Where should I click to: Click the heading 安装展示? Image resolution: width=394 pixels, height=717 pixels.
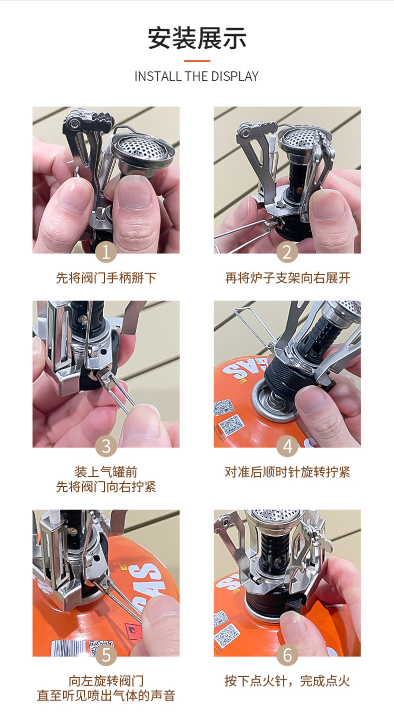(x=197, y=39)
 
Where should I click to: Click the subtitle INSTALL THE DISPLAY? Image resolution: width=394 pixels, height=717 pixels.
(x=197, y=76)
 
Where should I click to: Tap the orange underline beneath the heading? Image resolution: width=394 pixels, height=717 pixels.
(x=197, y=61)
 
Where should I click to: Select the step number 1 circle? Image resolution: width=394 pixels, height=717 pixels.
(x=106, y=252)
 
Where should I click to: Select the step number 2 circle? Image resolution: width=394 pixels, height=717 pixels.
(x=287, y=252)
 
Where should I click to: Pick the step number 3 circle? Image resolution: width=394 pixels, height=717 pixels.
(x=106, y=446)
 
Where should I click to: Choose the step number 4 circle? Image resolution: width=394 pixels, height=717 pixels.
(x=287, y=446)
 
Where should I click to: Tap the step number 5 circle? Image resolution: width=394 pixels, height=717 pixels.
(x=106, y=655)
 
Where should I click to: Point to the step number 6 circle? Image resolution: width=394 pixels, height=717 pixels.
(x=287, y=655)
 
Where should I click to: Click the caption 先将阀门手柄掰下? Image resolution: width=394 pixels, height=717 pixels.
(x=106, y=278)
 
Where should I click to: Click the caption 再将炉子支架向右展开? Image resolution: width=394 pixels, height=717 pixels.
(x=287, y=278)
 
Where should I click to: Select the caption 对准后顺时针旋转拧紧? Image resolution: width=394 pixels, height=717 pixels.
(x=287, y=472)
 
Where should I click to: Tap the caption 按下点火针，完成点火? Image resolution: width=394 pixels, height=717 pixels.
(x=287, y=681)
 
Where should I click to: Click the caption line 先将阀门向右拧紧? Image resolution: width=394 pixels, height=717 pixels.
(x=106, y=487)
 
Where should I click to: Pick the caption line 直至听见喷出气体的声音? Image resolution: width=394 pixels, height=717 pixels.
(x=106, y=696)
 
